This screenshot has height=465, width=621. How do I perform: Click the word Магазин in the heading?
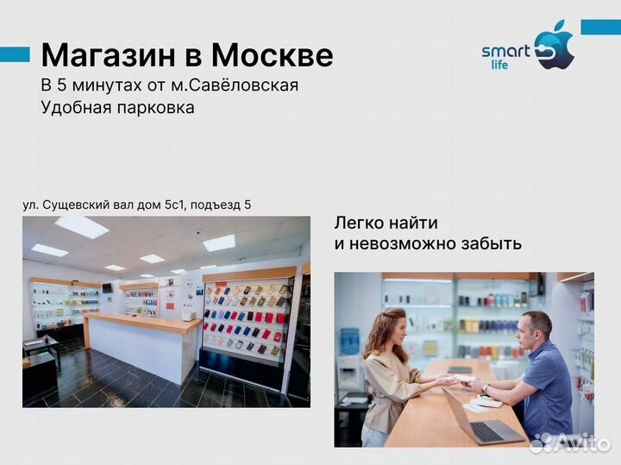[x=108, y=56]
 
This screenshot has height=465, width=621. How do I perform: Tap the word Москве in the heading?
[x=272, y=56]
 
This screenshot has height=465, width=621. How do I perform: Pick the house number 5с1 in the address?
[x=170, y=204]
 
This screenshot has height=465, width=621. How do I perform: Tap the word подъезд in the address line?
[x=216, y=204]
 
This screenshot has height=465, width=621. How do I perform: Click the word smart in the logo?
[x=505, y=51]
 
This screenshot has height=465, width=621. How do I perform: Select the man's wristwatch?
[x=485, y=390]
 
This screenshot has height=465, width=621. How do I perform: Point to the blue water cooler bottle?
[x=349, y=340]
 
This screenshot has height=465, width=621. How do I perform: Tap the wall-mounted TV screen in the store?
[x=107, y=286]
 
